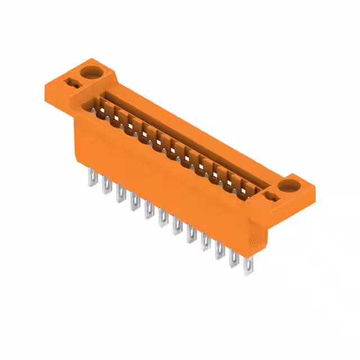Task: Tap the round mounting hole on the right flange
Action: point(289,185)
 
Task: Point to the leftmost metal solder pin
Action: point(92,179)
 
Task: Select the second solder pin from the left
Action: point(106,187)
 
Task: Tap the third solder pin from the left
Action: point(120,195)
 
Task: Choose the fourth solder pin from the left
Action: point(134,203)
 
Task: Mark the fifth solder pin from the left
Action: point(148,211)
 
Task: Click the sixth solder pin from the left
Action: point(163,219)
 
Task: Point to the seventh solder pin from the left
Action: point(177,227)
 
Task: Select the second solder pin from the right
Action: point(232,259)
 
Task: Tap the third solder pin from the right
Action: point(219,251)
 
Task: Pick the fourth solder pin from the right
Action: point(205,244)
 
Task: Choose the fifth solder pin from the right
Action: point(191,235)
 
